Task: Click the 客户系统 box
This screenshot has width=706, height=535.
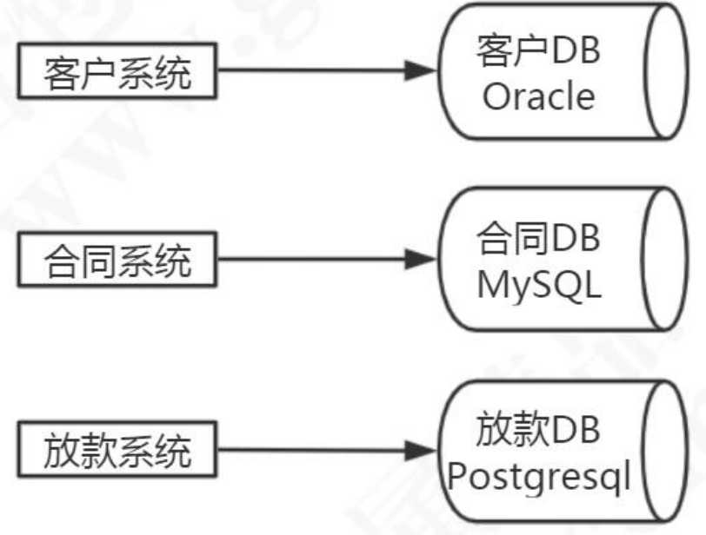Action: tap(117, 73)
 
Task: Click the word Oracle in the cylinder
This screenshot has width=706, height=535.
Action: tap(539, 96)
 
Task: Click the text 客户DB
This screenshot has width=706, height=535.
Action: tap(539, 53)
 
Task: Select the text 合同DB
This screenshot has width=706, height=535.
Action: tap(539, 239)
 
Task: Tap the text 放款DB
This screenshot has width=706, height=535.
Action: tap(539, 429)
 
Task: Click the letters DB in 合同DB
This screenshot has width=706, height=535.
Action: tap(576, 239)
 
